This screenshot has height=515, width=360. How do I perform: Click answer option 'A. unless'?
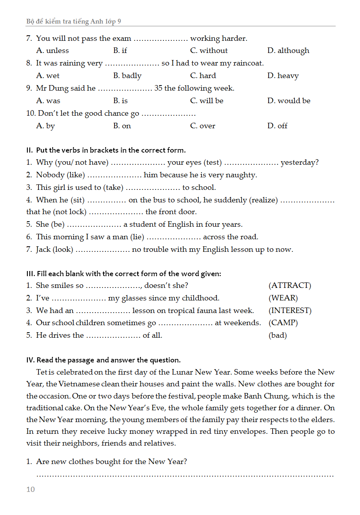click(x=52, y=51)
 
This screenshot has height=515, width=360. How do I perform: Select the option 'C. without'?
click(x=209, y=51)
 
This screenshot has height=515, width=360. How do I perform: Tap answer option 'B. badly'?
click(x=127, y=76)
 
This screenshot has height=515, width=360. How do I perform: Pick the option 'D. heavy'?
click(x=283, y=76)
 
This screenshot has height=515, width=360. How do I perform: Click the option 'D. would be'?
click(x=289, y=101)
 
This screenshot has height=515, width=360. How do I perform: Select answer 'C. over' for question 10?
click(x=202, y=126)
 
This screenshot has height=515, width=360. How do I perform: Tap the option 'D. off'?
click(x=277, y=126)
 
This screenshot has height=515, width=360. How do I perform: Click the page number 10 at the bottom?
click(x=31, y=490)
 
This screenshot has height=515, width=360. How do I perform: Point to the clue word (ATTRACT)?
click(x=290, y=286)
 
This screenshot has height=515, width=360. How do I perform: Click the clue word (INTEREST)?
click(x=290, y=311)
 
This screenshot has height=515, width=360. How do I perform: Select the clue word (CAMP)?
click(x=283, y=323)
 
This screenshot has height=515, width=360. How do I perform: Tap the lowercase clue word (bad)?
click(x=278, y=335)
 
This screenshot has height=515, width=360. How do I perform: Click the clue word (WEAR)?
click(x=283, y=298)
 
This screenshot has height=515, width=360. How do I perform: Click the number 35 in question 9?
click(x=158, y=88)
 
